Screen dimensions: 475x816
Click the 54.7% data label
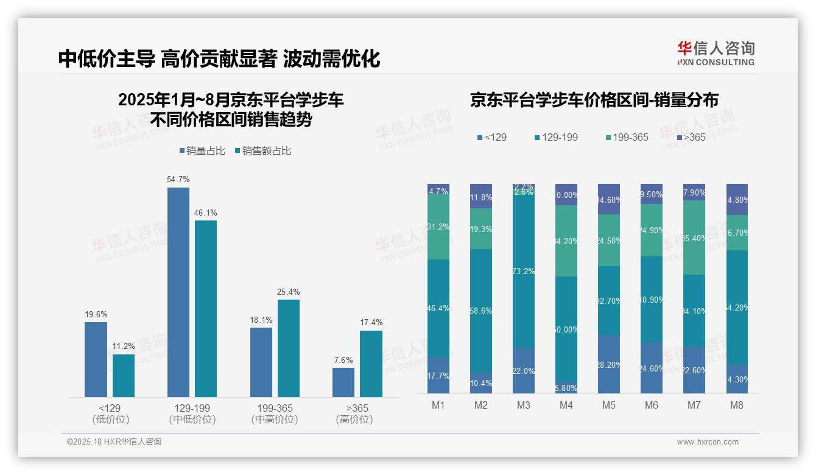pos(178,180)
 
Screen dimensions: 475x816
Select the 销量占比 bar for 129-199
pos(178,292)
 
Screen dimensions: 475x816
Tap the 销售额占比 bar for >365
pos(371,364)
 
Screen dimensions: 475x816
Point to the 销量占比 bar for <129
pos(96,359)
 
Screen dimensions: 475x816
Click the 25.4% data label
pos(288,292)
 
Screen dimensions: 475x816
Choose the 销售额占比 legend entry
pos(263,151)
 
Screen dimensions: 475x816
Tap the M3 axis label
pos(524,406)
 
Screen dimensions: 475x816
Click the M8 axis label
pos(737,406)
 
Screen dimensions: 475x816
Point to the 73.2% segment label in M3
pos(524,271)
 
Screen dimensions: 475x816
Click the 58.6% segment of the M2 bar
pos(481,311)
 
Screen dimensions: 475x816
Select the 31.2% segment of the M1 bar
pos(438,227)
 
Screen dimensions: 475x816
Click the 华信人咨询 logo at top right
pos(716,53)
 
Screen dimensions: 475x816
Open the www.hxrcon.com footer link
pos(707,442)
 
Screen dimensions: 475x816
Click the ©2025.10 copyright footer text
pos(114,442)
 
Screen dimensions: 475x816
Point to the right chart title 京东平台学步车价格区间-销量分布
pos(594,100)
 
